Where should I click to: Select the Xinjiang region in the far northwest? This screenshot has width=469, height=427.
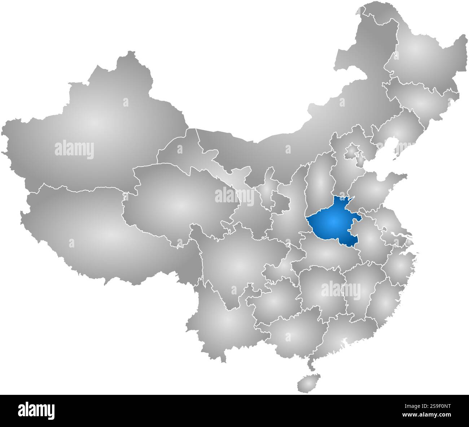pyautogui.click(x=94, y=123)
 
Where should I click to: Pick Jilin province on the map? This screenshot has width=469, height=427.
pyautogui.click(x=422, y=101)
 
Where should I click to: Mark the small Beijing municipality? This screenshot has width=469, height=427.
pyautogui.click(x=351, y=152)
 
